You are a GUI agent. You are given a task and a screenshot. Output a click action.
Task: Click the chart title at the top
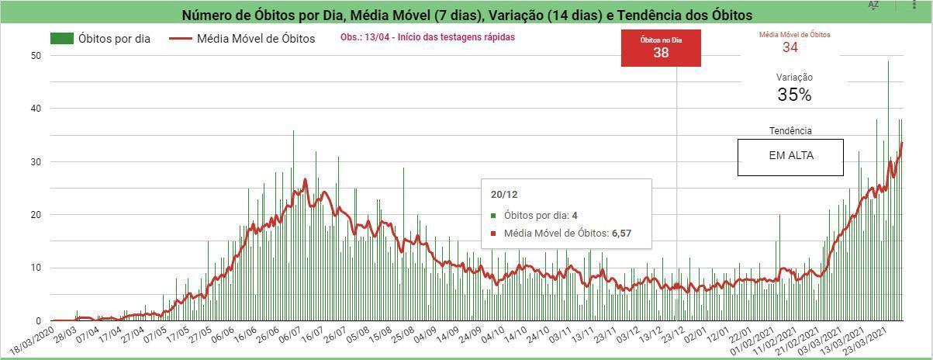(467, 15)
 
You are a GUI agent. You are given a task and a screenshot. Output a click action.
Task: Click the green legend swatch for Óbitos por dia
(61, 38)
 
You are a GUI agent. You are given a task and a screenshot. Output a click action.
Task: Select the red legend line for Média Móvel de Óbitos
(181, 39)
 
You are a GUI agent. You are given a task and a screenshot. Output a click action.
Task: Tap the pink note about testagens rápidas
(427, 37)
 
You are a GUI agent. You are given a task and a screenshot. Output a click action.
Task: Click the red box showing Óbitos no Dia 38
(661, 48)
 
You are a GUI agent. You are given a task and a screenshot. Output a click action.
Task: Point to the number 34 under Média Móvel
(790, 47)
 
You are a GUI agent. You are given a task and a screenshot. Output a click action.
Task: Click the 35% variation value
(794, 95)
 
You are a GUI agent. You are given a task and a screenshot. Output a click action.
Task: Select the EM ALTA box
(790, 157)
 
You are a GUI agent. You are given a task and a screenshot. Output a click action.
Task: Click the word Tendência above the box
(790, 131)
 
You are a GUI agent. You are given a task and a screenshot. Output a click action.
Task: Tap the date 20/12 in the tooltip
(504, 195)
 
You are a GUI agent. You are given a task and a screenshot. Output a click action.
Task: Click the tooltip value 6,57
(621, 234)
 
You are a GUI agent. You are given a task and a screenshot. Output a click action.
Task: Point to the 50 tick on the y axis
(36, 56)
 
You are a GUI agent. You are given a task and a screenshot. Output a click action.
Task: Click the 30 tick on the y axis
(36, 162)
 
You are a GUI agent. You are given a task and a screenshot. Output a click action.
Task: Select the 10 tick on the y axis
(36, 268)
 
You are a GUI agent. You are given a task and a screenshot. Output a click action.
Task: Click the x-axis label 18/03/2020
(33, 340)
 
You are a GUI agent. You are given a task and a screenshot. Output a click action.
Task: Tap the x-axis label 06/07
(289, 334)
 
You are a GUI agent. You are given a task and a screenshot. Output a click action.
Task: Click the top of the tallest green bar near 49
(889, 61)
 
